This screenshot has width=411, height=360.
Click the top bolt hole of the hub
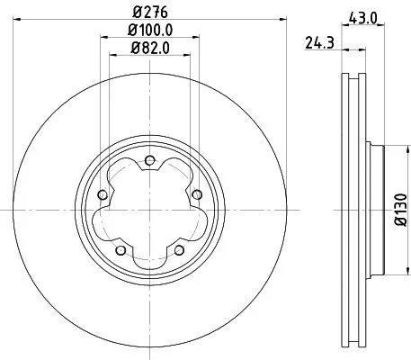pos(149,161)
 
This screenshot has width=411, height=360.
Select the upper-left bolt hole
pos(102,195)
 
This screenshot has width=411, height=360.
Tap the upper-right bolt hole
pos(197,195)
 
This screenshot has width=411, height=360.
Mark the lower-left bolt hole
pos(120,250)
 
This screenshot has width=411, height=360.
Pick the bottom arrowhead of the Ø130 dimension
pos(389,278)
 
